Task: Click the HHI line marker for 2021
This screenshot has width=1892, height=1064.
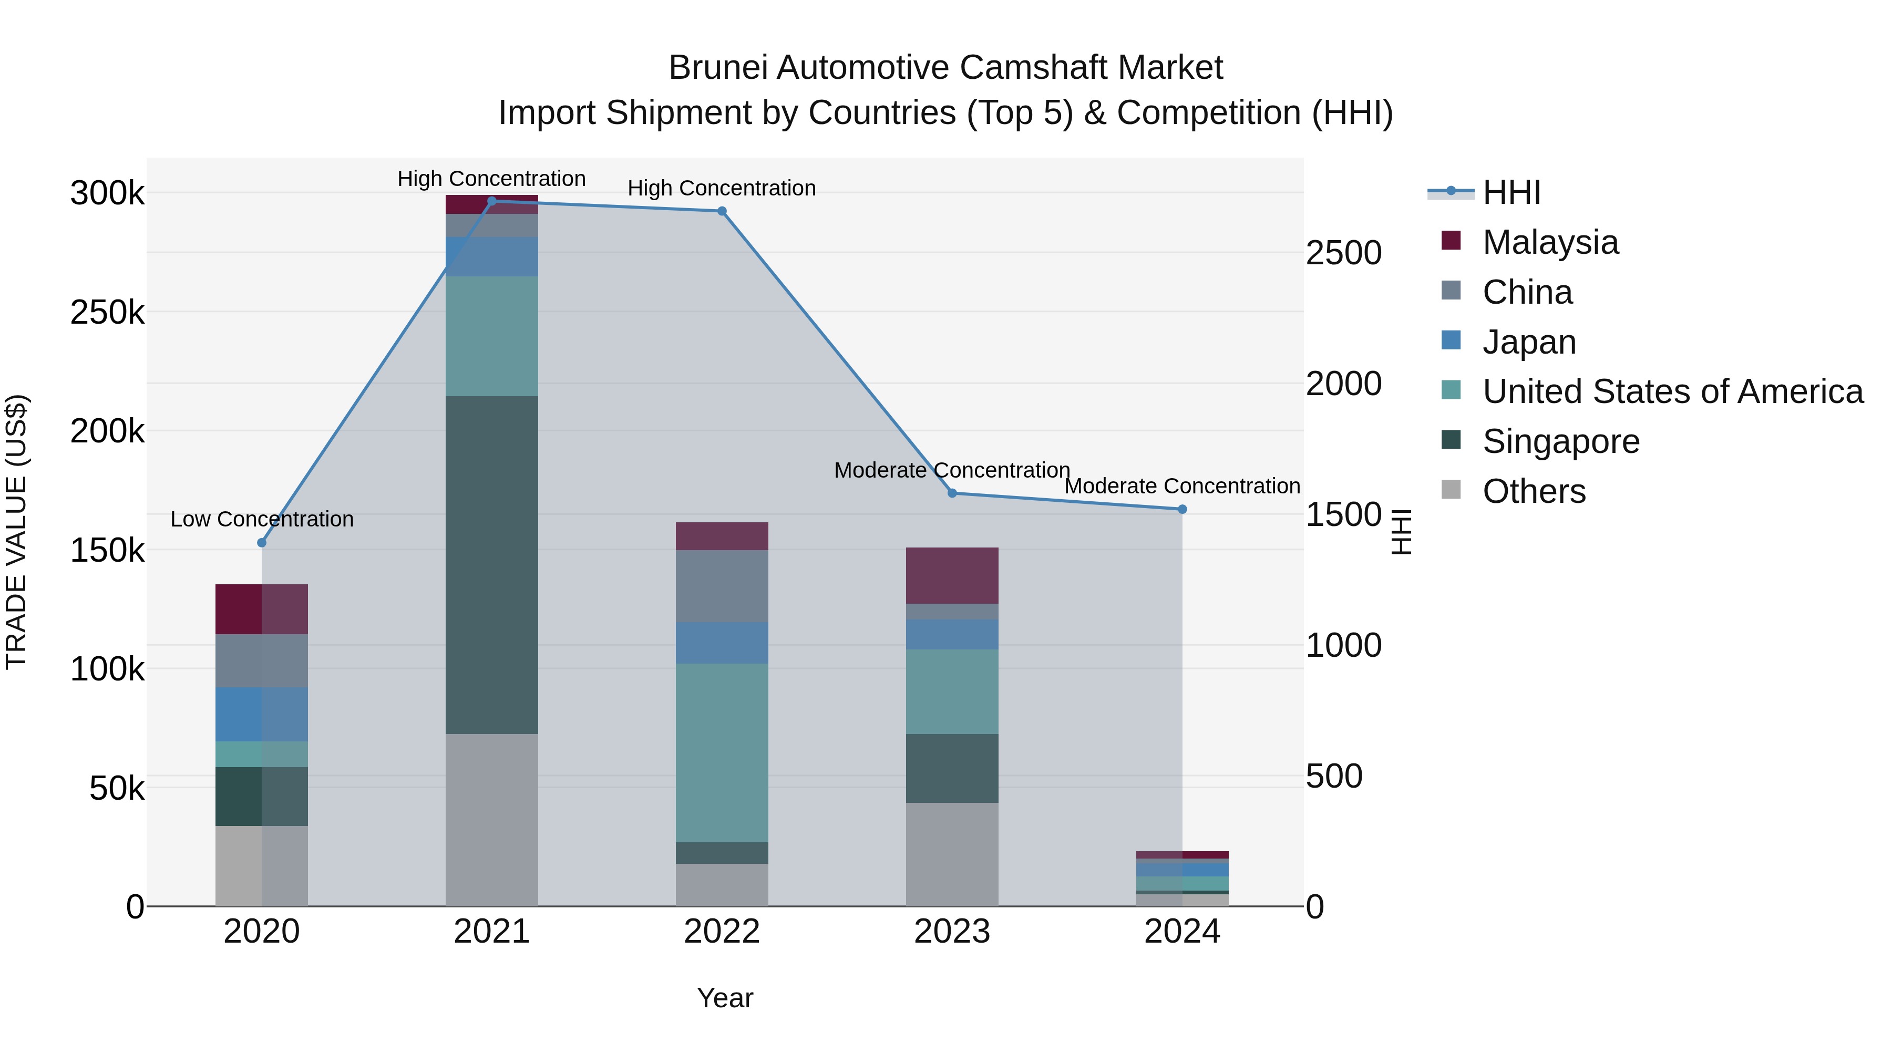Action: [x=492, y=201]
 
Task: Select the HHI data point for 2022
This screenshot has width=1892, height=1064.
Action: [x=722, y=211]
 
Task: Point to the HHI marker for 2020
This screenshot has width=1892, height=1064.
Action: [x=262, y=543]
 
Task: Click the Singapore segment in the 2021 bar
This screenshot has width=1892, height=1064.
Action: [x=491, y=565]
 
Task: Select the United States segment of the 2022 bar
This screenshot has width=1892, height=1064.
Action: [x=722, y=752]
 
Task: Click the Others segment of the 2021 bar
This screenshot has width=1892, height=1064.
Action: [x=491, y=820]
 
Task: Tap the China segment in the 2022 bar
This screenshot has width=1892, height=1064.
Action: [x=722, y=586]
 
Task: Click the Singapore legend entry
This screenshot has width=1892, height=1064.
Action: [x=1561, y=441]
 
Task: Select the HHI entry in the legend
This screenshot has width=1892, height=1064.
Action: [x=1511, y=192]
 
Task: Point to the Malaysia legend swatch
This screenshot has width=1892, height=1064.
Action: [x=1451, y=240]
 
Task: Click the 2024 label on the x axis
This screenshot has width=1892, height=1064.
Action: [x=1182, y=932]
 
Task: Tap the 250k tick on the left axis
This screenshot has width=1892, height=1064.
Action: [x=107, y=313]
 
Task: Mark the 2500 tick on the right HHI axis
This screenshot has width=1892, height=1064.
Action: [x=1343, y=253]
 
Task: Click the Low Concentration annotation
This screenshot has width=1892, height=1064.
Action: [x=262, y=519]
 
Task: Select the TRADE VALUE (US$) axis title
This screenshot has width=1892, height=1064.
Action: [x=16, y=532]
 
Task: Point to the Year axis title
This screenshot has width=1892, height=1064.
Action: [x=725, y=998]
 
